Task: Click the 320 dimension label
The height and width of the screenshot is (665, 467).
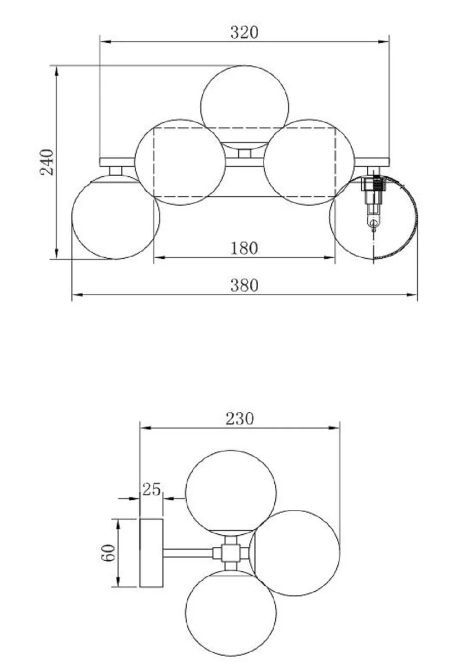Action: pyautogui.click(x=244, y=32)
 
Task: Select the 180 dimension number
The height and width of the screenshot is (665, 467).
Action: pyautogui.click(x=244, y=248)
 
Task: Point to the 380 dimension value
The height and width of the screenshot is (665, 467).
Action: pyautogui.click(x=244, y=285)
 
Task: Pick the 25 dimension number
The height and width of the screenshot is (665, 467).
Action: pyautogui.click(x=151, y=489)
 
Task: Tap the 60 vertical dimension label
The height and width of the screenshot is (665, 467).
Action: pyautogui.click(x=109, y=553)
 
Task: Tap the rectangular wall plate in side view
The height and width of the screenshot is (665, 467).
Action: pyautogui.click(x=151, y=553)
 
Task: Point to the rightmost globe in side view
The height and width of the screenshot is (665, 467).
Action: pyautogui.click(x=295, y=553)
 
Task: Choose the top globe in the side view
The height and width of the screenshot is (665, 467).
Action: pyautogui.click(x=230, y=492)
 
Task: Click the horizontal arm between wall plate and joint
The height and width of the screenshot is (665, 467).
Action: pyautogui.click(x=188, y=553)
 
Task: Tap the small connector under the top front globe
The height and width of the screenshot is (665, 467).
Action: pyautogui.click(x=242, y=152)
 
